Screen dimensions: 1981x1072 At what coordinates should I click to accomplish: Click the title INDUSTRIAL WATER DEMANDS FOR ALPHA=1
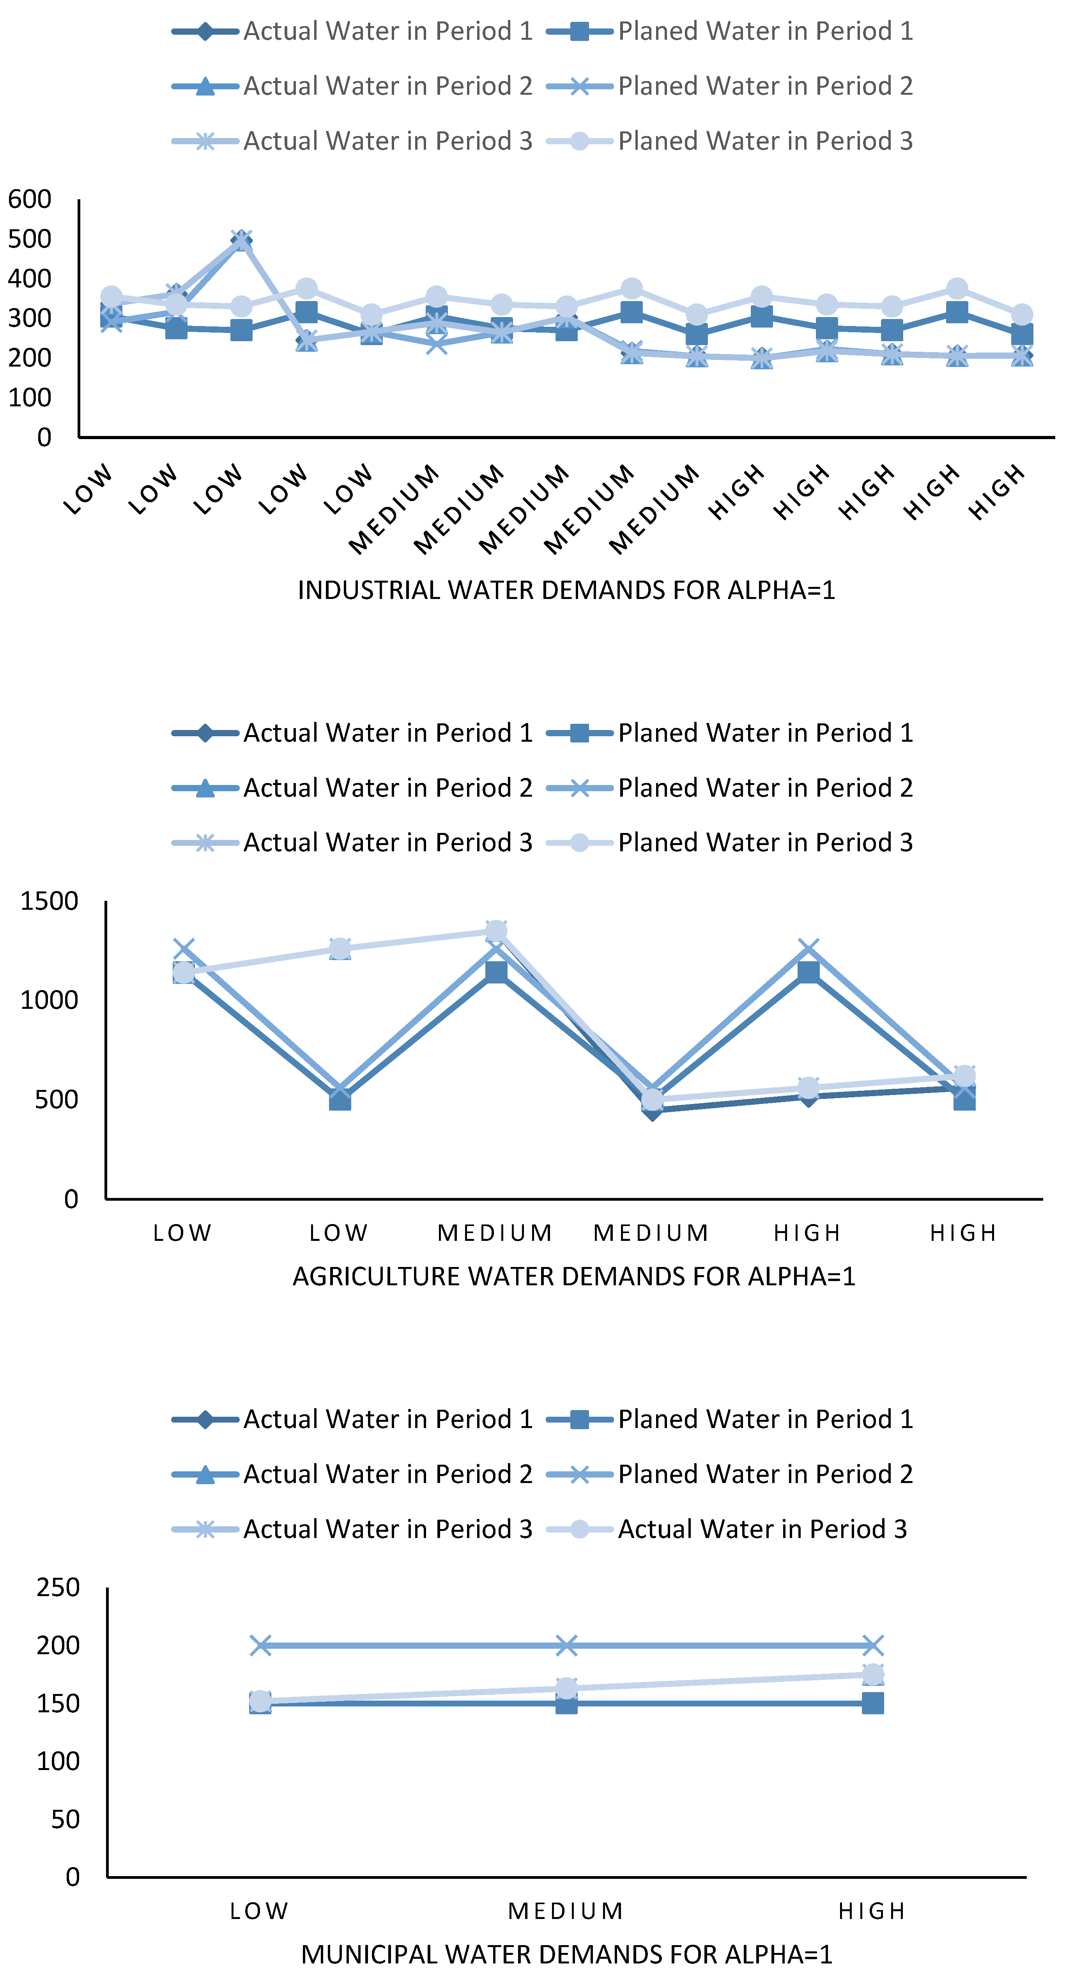pos(566,590)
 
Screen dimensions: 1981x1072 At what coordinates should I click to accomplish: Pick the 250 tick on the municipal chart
pos(58,1587)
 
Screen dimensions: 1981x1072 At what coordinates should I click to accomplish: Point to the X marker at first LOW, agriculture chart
pos(183,949)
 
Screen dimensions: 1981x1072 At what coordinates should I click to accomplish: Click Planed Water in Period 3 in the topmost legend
pos(765,141)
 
